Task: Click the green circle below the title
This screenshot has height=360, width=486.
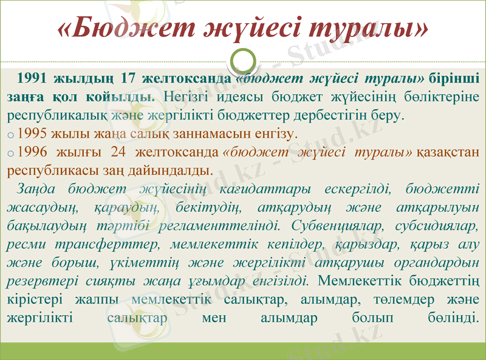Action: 243,59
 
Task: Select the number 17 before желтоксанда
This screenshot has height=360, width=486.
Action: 128,78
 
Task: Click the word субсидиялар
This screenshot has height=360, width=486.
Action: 436,226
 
